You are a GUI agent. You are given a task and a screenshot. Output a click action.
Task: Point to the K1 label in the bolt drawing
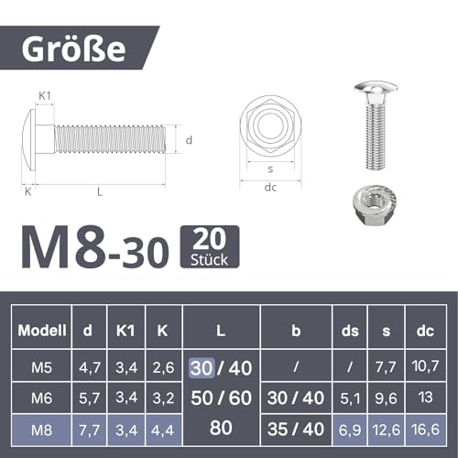pos(45,95)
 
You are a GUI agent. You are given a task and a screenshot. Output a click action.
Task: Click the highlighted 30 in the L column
pos(201,367)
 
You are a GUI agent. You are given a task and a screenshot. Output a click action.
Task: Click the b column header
pos(296,330)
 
